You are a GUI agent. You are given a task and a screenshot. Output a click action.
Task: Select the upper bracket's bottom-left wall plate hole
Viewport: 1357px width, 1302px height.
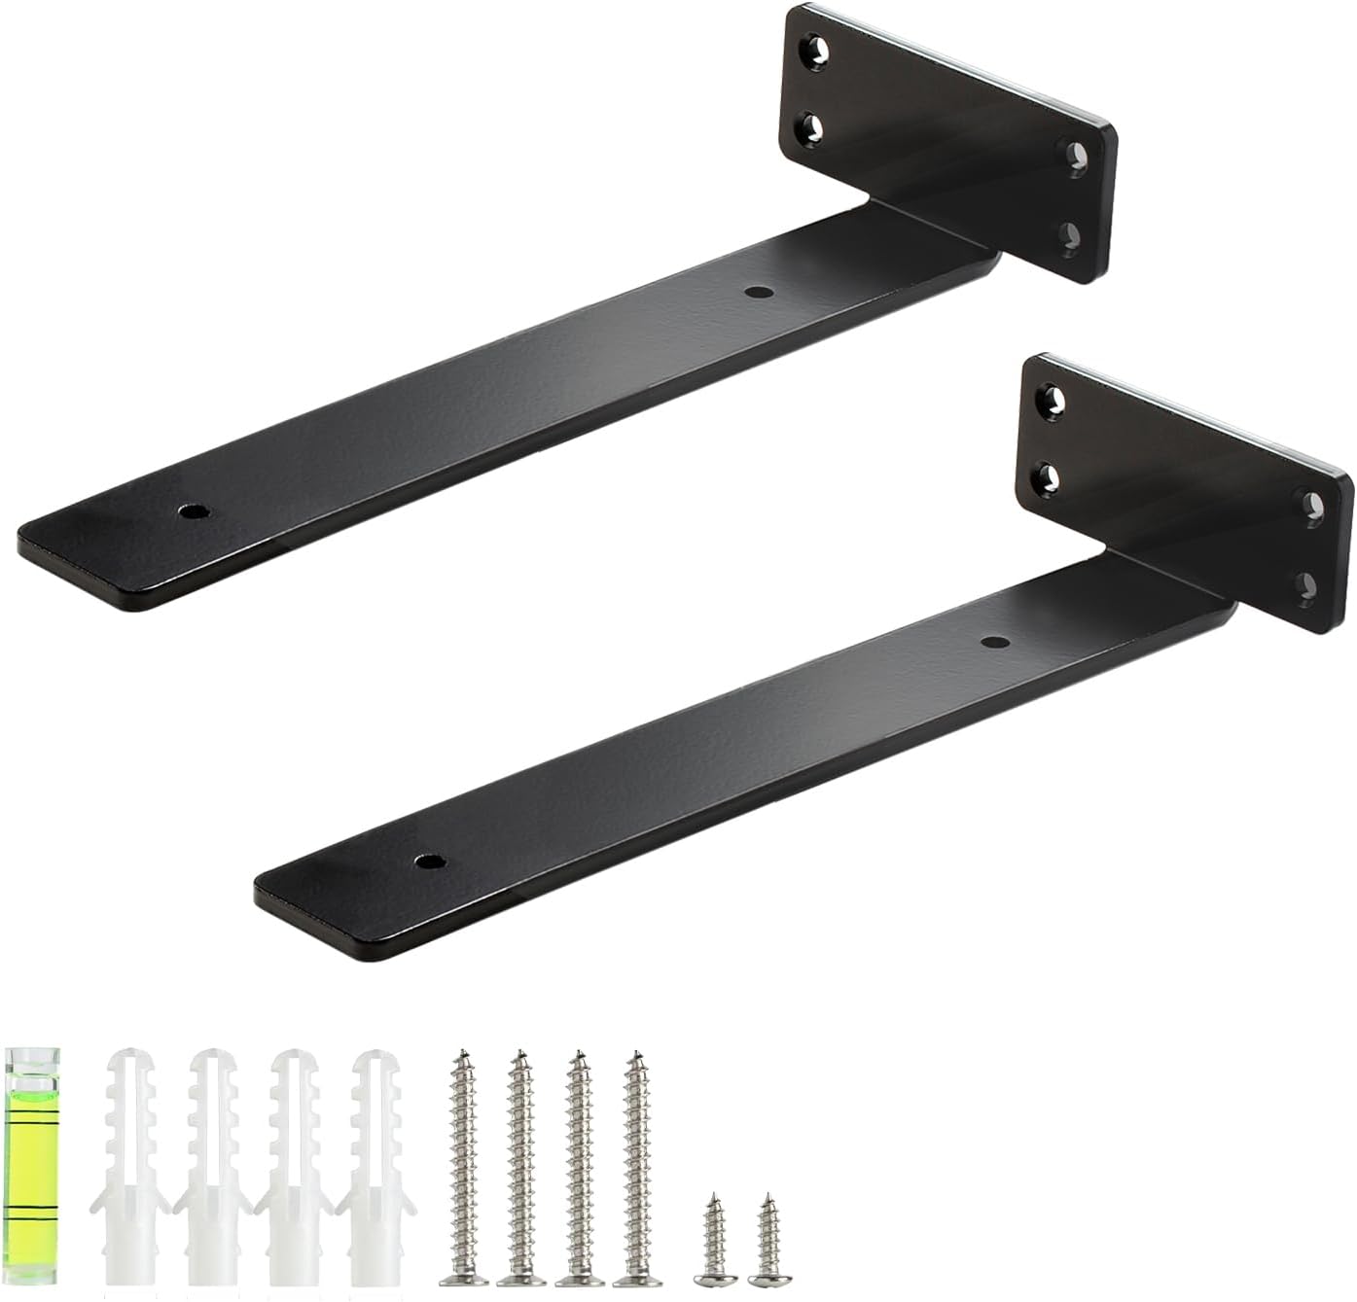pyautogui.click(x=811, y=128)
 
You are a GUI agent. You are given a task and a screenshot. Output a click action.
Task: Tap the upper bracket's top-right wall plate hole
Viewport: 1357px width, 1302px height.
pyautogui.click(x=1077, y=157)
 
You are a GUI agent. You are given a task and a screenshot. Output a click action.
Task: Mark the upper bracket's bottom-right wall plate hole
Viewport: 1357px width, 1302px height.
pyautogui.click(x=1070, y=235)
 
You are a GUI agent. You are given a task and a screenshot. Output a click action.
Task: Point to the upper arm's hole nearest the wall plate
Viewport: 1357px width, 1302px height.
pyautogui.click(x=758, y=291)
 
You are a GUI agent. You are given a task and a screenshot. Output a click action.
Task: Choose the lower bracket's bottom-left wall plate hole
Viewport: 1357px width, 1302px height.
pyautogui.click(x=1046, y=476)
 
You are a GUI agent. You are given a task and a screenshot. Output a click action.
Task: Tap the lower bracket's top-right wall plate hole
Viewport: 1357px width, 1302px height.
pyautogui.click(x=1313, y=506)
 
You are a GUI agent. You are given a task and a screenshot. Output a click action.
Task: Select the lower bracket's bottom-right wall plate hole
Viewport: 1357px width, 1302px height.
pyautogui.click(x=1308, y=583)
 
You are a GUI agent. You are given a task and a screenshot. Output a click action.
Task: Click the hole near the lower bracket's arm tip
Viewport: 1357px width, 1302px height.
pyautogui.click(x=428, y=862)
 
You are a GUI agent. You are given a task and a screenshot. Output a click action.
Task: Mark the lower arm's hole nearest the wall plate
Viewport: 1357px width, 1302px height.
pyautogui.click(x=992, y=642)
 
